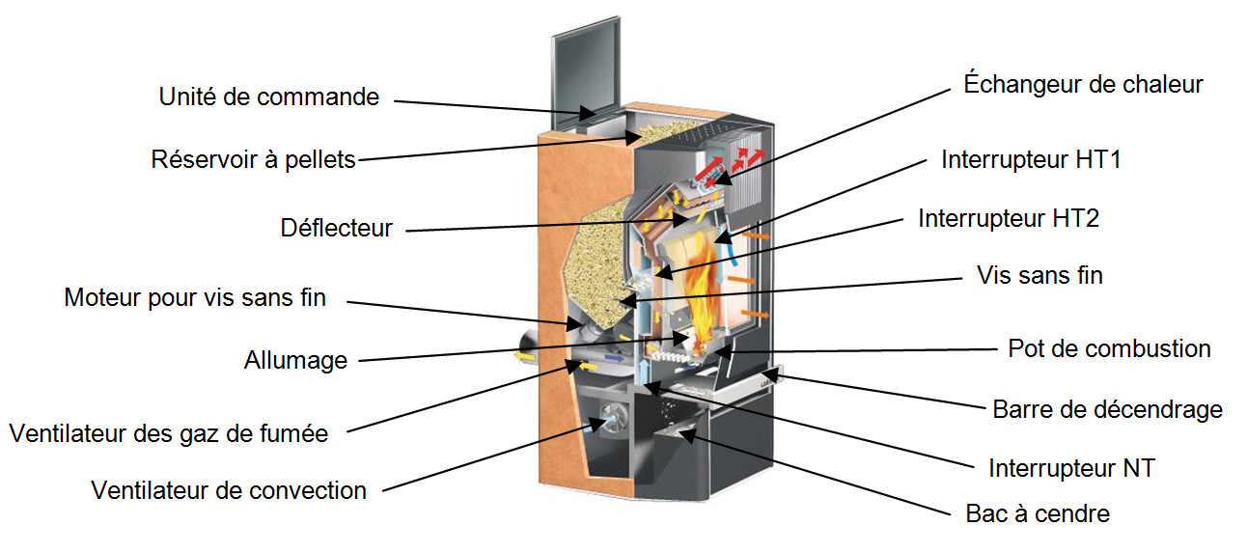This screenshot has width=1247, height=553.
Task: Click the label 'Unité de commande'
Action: click(x=269, y=97)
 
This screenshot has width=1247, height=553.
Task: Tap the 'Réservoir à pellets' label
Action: click(x=253, y=160)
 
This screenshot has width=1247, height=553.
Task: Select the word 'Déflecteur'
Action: click(x=336, y=229)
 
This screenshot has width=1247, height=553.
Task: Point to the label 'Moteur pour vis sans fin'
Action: click(x=195, y=298)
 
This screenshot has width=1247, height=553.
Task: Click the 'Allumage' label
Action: click(x=295, y=361)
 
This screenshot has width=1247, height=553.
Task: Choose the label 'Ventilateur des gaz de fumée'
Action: click(x=169, y=434)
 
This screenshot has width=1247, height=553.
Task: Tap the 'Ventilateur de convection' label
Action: click(x=229, y=490)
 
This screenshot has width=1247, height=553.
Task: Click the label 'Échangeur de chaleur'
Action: click(x=1083, y=85)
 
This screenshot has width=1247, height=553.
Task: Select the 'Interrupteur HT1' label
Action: click(x=1031, y=159)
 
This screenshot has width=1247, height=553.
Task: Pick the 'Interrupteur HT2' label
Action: click(x=1009, y=218)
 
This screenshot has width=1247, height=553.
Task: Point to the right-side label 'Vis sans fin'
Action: click(x=1039, y=275)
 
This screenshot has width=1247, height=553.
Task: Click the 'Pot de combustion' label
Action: click(x=1109, y=349)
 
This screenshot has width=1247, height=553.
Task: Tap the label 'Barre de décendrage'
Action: click(x=1107, y=410)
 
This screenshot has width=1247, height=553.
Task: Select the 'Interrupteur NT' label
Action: click(x=1071, y=468)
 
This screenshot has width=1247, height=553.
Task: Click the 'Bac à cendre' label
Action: click(x=1038, y=513)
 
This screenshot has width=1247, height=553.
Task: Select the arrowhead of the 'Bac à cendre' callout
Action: click(x=686, y=435)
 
